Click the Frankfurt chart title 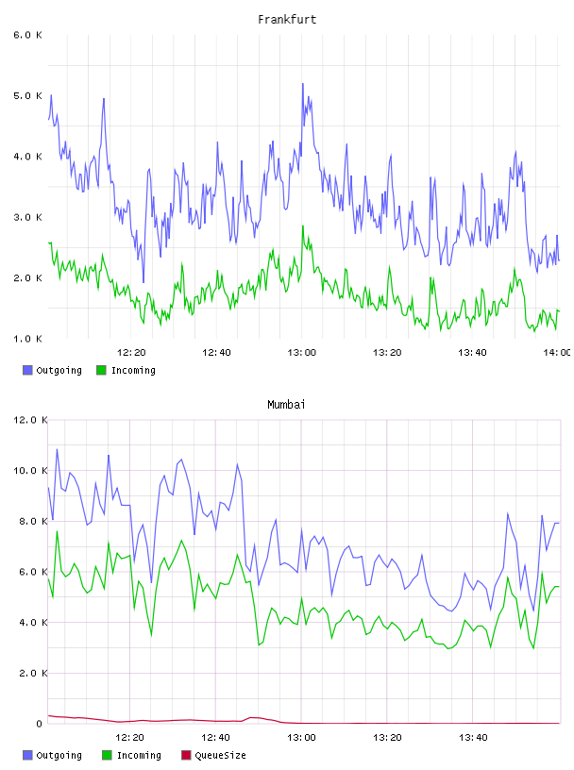coord(287,20)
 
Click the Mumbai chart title coord(286,405)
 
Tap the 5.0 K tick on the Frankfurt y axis coord(27,95)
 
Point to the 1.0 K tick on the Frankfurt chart coord(27,339)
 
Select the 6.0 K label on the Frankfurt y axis coord(27,35)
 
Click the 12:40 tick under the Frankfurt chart coord(216,353)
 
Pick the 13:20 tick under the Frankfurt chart coord(387,353)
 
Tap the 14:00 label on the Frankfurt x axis coord(557,353)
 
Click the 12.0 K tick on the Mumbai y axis coord(30,420)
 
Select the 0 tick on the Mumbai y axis coord(39,724)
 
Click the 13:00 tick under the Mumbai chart coord(301,738)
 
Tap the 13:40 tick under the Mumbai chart coord(473,738)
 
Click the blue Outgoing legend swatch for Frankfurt coord(27,370)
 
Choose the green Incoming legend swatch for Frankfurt coord(101,370)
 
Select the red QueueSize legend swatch coord(186,755)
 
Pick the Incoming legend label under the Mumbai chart coord(139,755)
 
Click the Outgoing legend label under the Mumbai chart coord(59,755)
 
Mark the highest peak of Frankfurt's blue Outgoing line coord(303,84)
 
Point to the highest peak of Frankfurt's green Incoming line coord(303,226)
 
